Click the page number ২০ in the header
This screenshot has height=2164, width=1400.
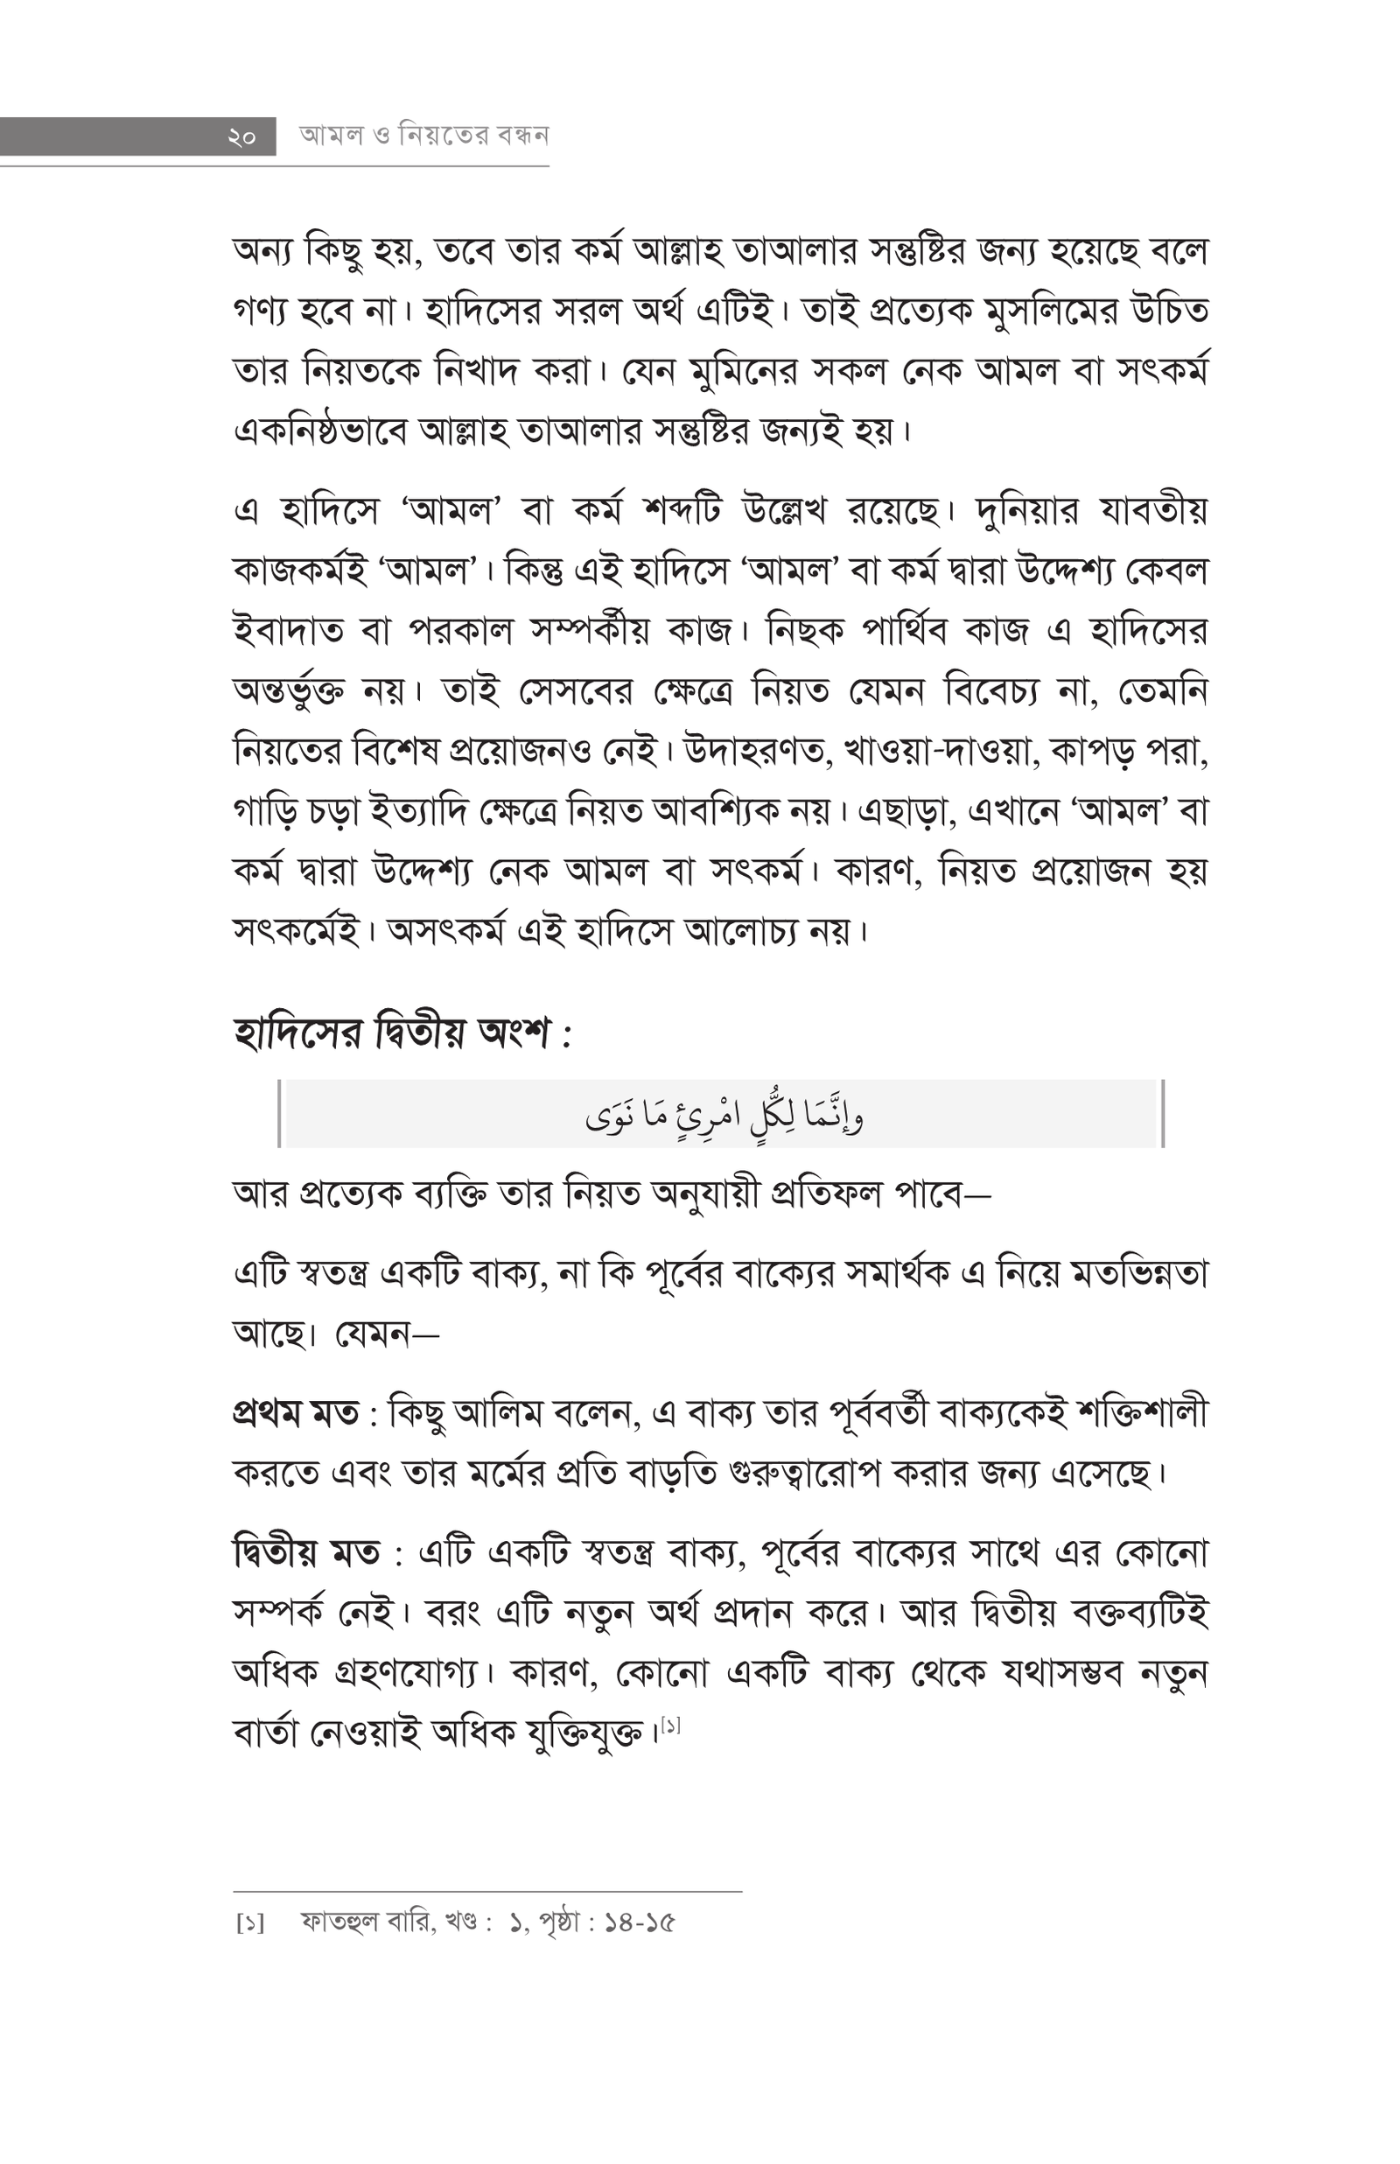click(241, 137)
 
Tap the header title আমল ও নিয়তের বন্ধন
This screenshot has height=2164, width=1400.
click(423, 136)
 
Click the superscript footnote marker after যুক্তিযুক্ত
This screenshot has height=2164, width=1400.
click(671, 1724)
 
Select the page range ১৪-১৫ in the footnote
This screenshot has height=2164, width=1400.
click(640, 1923)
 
